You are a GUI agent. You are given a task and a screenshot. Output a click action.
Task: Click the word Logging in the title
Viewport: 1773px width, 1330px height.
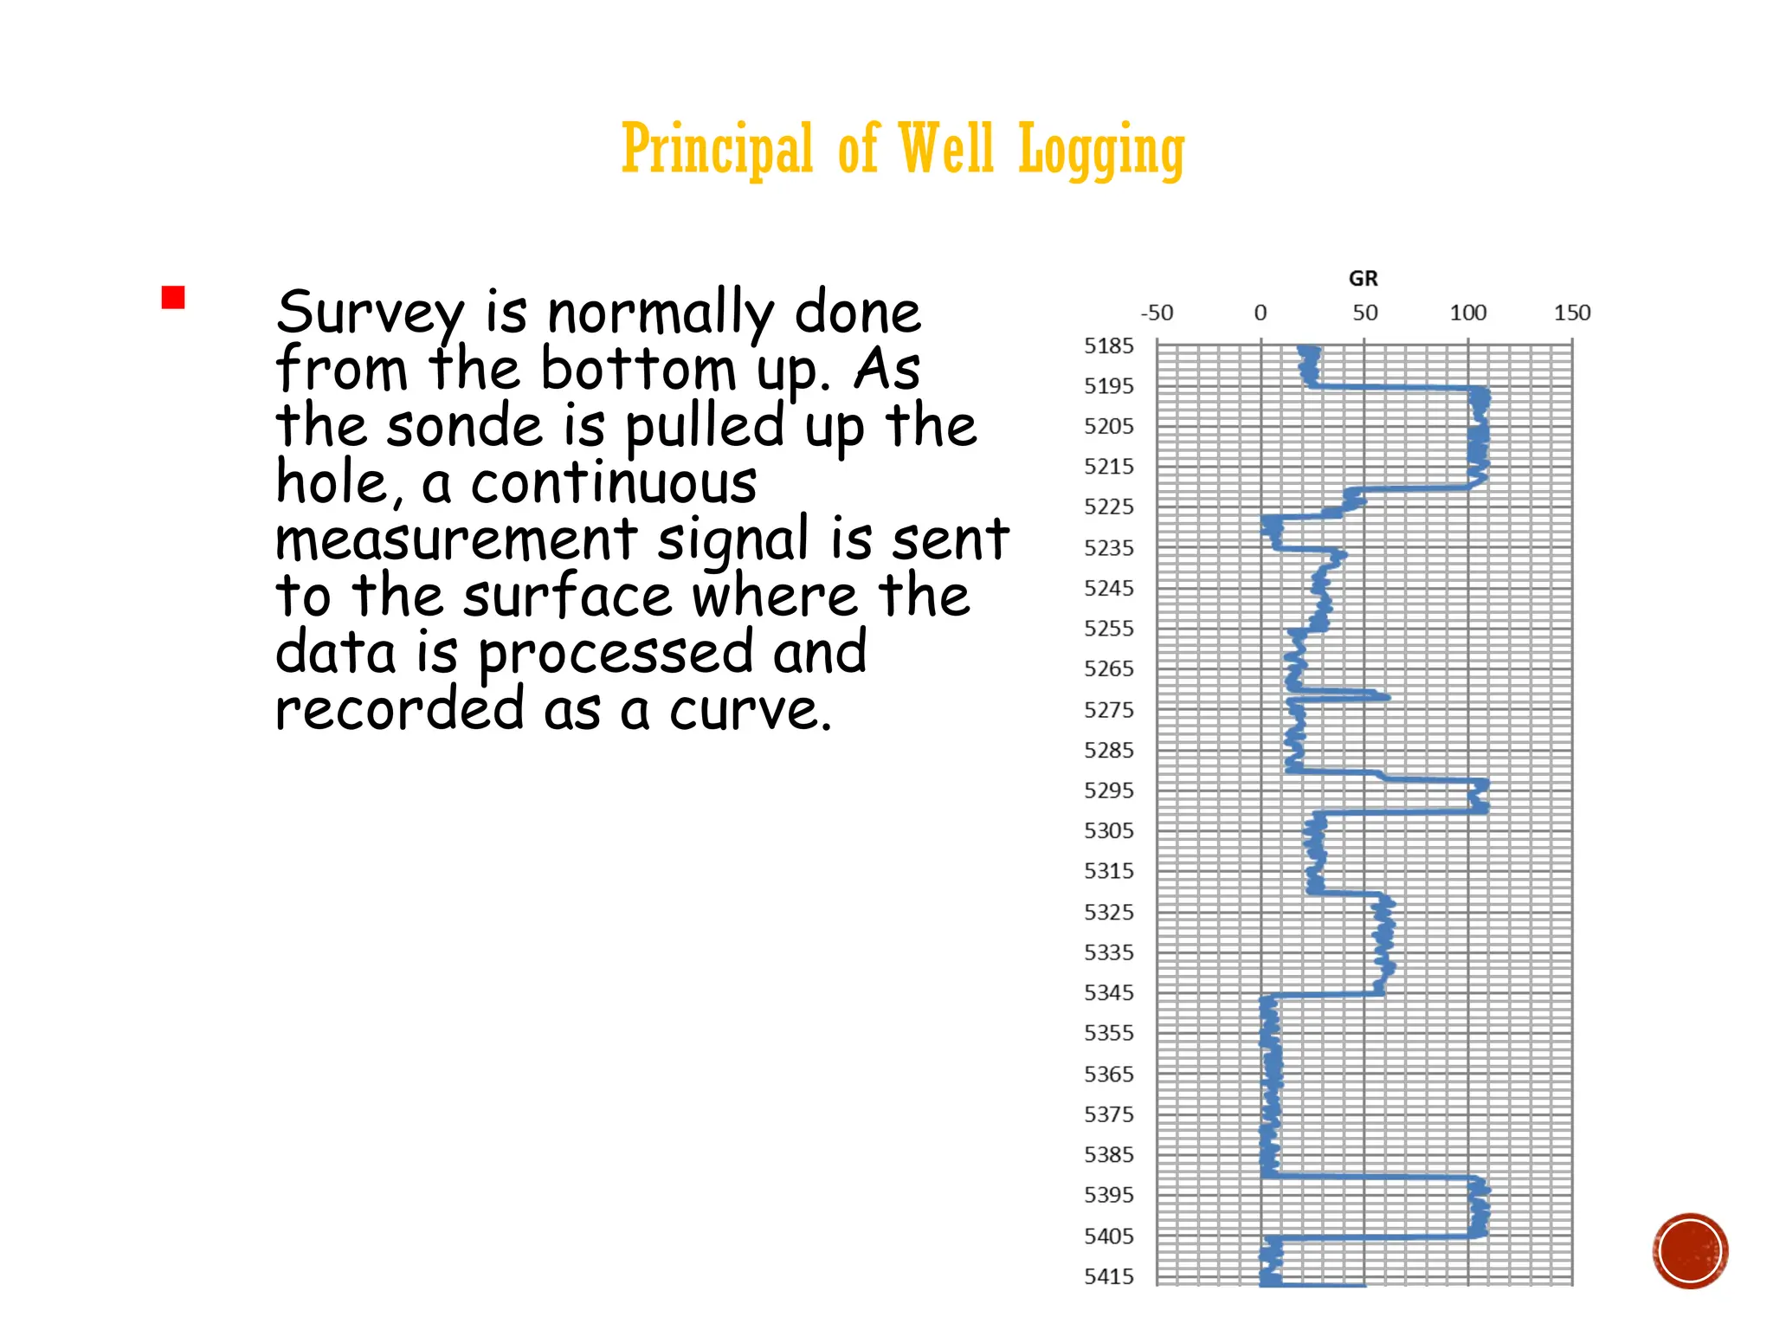1100,151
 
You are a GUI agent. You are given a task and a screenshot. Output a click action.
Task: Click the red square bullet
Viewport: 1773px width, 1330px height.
173,298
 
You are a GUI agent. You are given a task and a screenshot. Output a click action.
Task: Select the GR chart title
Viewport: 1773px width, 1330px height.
1363,279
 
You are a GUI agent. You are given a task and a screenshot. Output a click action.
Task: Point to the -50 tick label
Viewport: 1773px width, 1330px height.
1157,313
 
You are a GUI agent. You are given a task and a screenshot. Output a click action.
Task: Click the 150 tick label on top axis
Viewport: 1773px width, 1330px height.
1571,313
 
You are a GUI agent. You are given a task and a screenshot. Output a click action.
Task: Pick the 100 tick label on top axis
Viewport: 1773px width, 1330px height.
1467,313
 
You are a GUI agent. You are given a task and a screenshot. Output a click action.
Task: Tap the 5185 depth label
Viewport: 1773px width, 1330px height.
1108,346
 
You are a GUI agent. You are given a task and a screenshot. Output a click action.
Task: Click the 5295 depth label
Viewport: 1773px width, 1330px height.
1108,791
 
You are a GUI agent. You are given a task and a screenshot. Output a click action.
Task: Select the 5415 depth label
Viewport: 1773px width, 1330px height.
1108,1276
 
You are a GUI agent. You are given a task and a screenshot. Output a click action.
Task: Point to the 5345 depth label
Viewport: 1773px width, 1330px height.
1108,993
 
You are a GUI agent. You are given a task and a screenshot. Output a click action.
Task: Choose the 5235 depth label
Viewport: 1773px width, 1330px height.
1108,548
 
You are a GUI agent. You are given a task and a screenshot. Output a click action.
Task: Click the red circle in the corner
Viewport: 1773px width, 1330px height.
1690,1250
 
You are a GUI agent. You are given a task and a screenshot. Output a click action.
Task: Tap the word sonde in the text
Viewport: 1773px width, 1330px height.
464,427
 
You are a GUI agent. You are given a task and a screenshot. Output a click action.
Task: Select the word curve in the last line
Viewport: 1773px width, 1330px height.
750,711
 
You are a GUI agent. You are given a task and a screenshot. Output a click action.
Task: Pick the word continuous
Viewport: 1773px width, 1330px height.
614,483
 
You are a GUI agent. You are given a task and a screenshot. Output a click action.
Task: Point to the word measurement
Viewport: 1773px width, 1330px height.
455,540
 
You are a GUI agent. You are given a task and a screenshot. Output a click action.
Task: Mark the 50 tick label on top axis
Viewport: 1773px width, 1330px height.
1364,313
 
